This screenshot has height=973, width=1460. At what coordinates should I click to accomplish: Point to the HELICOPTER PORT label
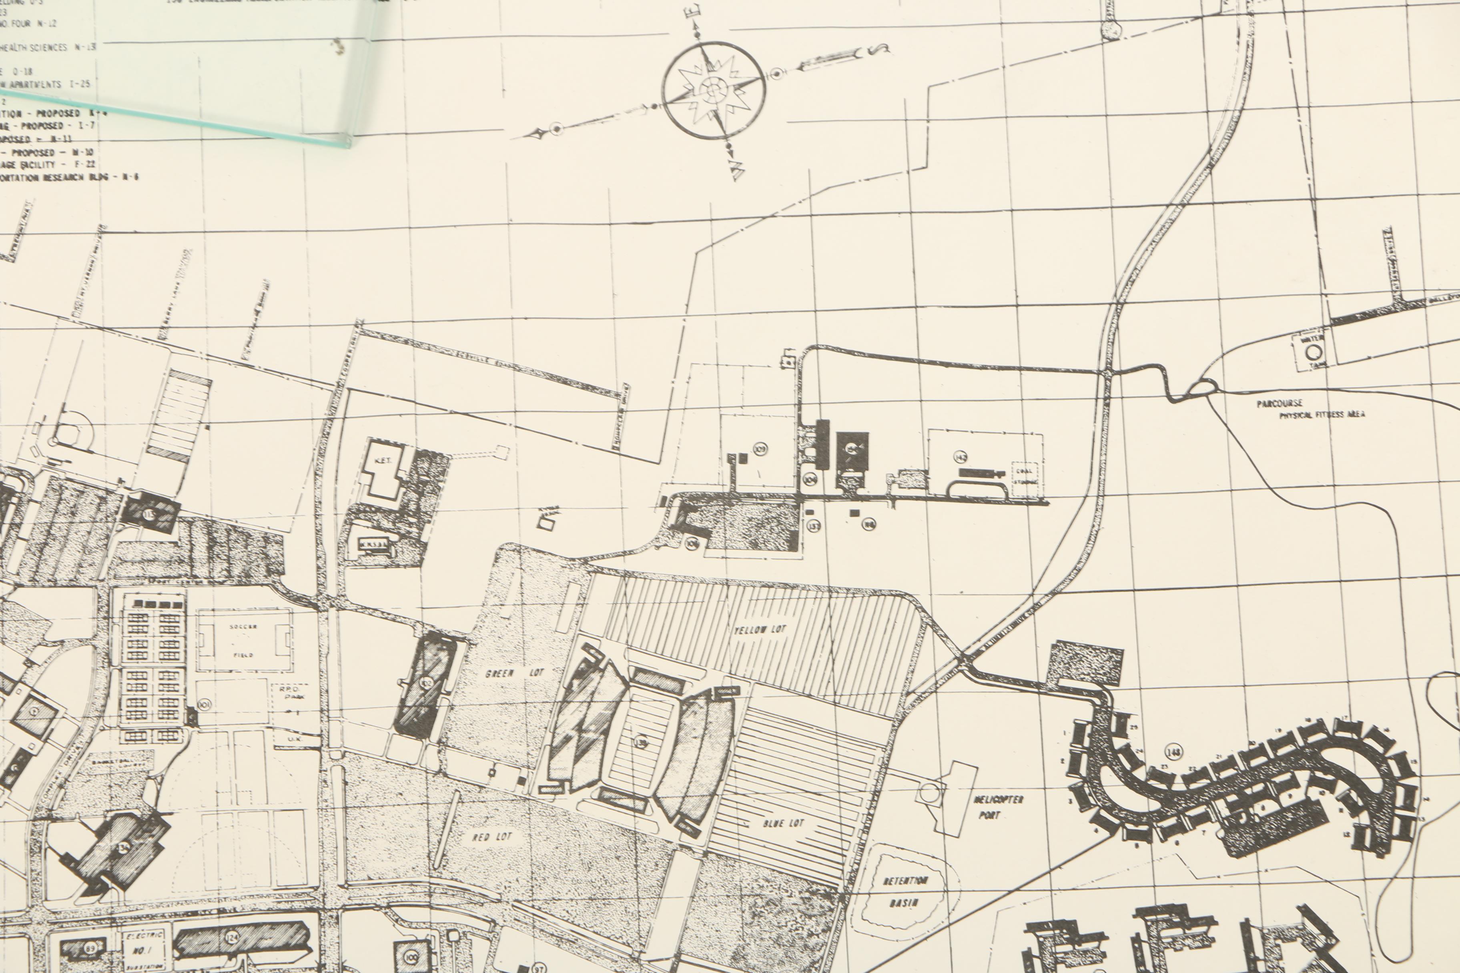point(998,807)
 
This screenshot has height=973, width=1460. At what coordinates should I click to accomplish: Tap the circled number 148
point(1173,752)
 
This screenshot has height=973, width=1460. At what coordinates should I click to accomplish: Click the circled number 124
point(232,938)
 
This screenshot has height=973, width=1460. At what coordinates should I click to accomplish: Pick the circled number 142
point(961,457)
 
